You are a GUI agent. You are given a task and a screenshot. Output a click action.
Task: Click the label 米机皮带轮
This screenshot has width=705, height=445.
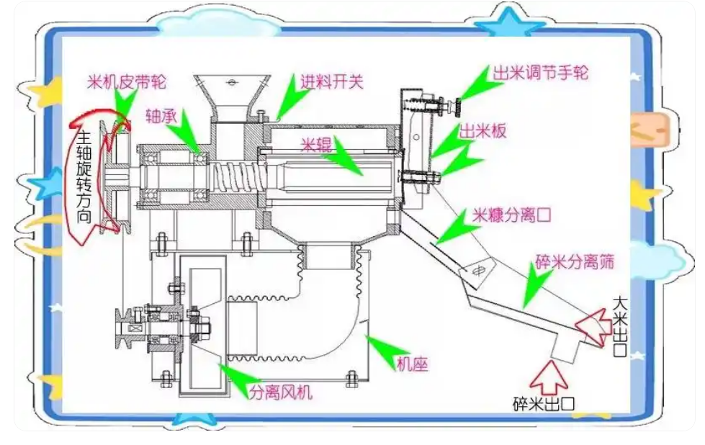tap(127, 81)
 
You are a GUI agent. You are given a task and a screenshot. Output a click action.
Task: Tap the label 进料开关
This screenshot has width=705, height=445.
tap(331, 81)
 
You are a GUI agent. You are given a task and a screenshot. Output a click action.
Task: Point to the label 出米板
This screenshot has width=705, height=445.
tap(483, 130)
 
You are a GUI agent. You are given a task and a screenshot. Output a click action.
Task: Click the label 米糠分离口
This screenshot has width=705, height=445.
tap(511, 215)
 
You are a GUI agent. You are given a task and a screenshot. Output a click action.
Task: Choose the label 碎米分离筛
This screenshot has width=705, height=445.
tap(574, 261)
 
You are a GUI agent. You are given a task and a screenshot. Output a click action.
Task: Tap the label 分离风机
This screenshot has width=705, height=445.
tap(281, 392)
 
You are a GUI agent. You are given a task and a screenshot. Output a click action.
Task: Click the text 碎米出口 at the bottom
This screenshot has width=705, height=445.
tap(544, 404)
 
